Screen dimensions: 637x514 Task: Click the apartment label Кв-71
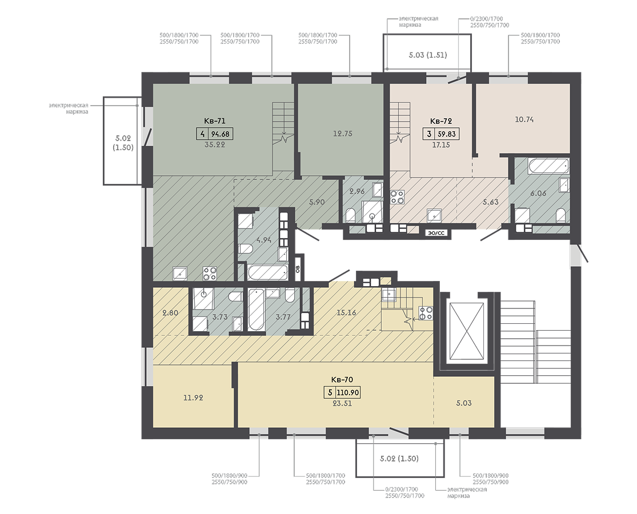click(x=214, y=121)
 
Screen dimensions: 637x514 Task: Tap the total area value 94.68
click(x=221, y=134)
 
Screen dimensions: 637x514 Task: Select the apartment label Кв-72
click(x=441, y=121)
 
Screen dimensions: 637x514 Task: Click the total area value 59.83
click(x=447, y=134)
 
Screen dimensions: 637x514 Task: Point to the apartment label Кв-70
click(x=342, y=380)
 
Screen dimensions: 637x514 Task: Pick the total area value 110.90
click(x=348, y=392)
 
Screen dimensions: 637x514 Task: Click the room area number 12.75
click(x=342, y=134)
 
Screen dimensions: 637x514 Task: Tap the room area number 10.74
click(x=524, y=119)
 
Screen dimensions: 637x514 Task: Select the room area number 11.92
click(x=193, y=398)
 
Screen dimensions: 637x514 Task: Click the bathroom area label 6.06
click(x=538, y=193)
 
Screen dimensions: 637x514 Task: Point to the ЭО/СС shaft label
click(x=436, y=233)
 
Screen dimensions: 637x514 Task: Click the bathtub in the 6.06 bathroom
click(x=548, y=166)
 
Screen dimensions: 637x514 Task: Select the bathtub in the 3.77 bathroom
click(x=256, y=310)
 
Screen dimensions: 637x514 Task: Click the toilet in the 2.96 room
click(x=350, y=215)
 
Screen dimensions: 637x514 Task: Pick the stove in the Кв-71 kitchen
click(x=210, y=273)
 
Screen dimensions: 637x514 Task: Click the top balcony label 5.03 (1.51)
click(x=428, y=55)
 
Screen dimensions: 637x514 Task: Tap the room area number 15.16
click(x=346, y=312)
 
